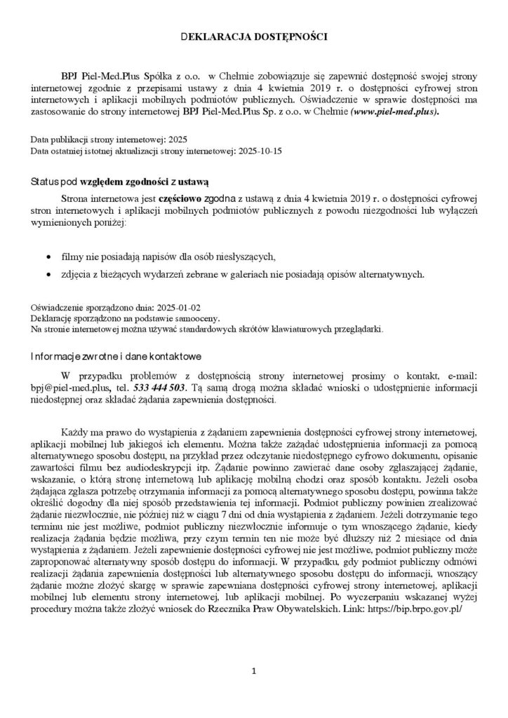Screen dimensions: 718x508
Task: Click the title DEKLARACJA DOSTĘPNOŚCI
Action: click(253, 34)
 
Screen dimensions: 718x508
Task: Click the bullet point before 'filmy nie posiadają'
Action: click(47, 256)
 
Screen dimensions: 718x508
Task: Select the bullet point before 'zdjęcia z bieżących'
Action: click(47, 273)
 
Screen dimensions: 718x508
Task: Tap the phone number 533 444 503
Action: click(160, 386)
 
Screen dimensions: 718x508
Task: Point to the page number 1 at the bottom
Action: click(254, 671)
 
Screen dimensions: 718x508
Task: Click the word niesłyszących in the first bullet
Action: click(239, 256)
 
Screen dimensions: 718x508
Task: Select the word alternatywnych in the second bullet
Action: click(390, 273)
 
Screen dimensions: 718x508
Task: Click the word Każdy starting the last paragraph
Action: click(75, 430)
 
